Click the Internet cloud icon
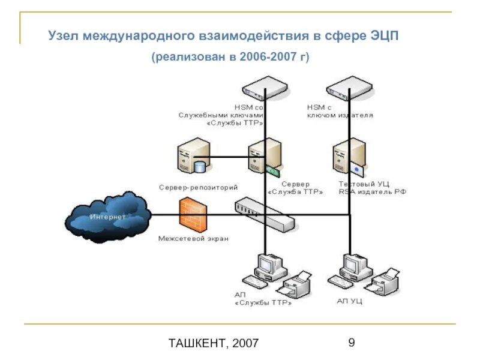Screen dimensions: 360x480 click(108, 217)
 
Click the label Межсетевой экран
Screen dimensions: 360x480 click(193, 238)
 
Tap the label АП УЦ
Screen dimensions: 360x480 click(349, 301)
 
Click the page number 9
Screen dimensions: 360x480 click(351, 343)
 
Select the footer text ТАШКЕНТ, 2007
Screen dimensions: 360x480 click(214, 343)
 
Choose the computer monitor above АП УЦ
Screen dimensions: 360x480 click(352, 264)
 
